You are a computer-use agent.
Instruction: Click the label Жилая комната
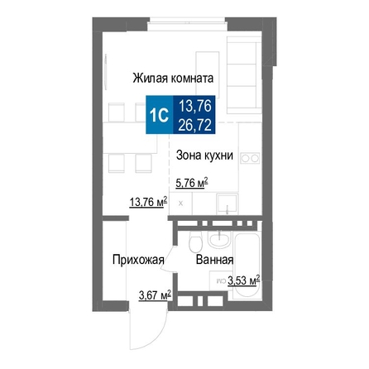(173, 78)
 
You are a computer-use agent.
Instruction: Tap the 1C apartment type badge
(160, 115)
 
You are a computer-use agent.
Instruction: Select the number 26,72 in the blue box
(194, 125)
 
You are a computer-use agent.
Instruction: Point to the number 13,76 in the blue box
(195, 106)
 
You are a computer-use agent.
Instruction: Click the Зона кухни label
(204, 156)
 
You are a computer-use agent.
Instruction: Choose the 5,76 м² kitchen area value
(192, 183)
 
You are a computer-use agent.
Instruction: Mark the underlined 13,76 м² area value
(148, 202)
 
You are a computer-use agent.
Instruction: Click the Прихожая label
(138, 260)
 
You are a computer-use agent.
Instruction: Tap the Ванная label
(215, 260)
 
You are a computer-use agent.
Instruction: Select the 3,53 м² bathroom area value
(243, 280)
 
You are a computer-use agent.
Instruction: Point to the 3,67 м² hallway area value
(155, 295)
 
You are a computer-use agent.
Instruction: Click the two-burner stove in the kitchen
(250, 158)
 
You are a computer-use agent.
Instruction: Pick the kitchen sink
(227, 204)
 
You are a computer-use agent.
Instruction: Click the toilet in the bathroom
(195, 241)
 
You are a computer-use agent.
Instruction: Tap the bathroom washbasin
(219, 239)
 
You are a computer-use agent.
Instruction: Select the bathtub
(247, 266)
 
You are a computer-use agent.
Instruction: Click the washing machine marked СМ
(218, 280)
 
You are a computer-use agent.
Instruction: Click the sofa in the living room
(244, 75)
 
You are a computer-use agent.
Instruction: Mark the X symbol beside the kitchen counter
(180, 204)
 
